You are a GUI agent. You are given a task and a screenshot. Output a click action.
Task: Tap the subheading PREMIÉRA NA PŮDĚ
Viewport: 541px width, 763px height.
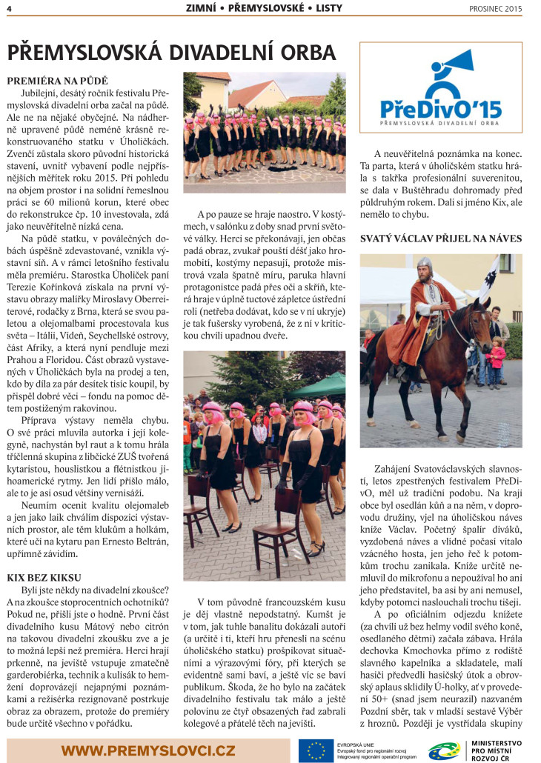coord(57,79)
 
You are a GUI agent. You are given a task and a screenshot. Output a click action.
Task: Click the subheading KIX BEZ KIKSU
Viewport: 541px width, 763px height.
coord(44,576)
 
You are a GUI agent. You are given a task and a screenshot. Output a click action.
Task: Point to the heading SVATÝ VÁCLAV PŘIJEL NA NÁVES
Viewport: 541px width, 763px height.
coord(440,238)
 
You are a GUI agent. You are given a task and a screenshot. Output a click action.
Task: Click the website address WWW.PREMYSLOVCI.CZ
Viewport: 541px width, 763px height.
coord(148,750)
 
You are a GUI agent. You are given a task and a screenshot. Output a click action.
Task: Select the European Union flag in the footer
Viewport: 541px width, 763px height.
coord(316,749)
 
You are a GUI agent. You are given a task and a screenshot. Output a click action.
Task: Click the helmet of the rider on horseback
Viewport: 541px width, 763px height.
coord(424,264)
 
